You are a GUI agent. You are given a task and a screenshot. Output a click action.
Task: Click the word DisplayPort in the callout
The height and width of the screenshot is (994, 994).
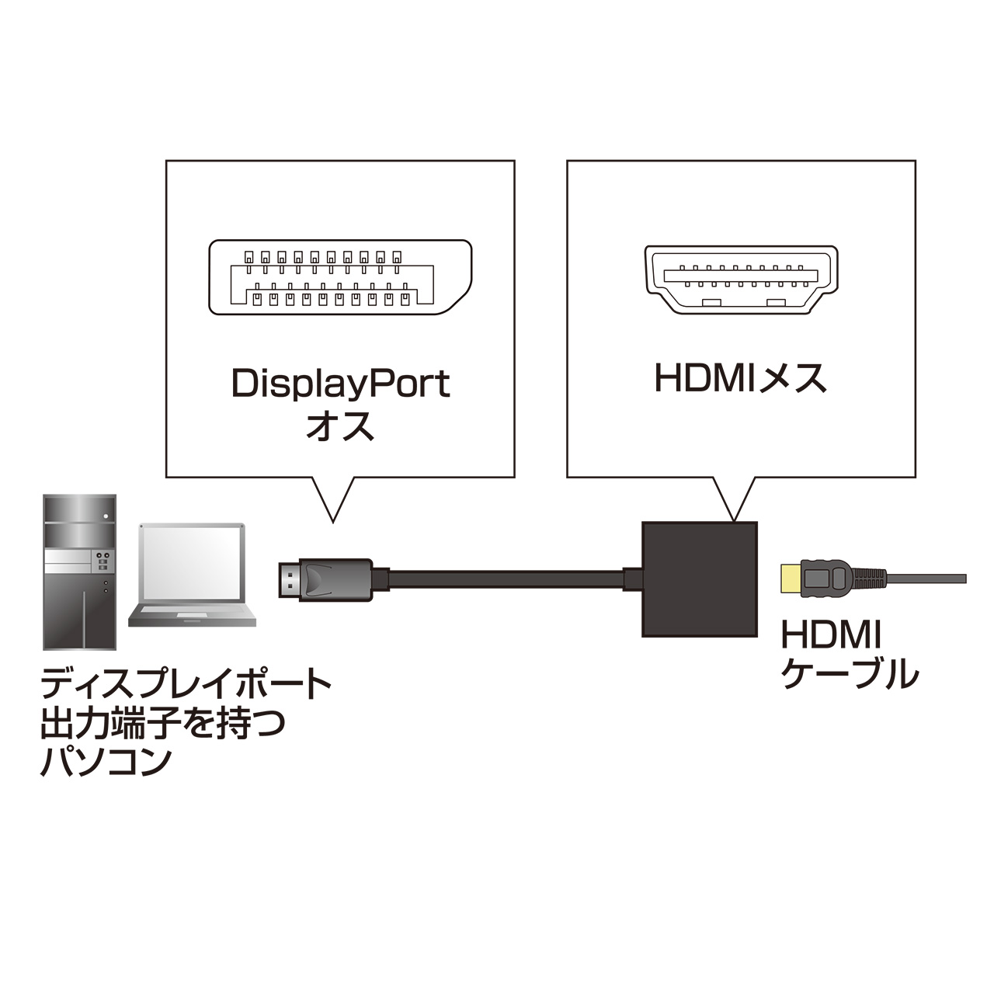[341, 384]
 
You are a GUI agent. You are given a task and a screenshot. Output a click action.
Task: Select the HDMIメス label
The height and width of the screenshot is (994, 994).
[741, 378]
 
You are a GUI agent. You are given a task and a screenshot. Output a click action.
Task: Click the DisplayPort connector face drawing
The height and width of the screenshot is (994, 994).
[340, 277]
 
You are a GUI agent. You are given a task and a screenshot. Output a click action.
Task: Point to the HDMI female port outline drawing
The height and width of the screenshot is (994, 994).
[741, 280]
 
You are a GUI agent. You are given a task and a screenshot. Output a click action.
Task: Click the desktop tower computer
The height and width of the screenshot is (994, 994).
[79, 572]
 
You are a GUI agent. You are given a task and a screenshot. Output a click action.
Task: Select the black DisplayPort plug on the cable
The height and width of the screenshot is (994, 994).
[326, 579]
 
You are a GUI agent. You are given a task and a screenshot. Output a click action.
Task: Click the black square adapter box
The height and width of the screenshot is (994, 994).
[699, 579]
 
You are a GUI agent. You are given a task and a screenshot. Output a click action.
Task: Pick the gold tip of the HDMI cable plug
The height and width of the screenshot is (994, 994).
[791, 579]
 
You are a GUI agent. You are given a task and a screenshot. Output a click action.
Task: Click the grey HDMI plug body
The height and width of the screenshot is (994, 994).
[828, 579]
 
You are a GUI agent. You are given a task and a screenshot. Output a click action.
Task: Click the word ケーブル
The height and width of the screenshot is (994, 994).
[850, 674]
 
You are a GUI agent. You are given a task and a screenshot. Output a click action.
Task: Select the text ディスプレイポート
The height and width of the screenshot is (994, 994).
[186, 684]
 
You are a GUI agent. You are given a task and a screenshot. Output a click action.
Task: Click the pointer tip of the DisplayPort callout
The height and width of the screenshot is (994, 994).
[332, 519]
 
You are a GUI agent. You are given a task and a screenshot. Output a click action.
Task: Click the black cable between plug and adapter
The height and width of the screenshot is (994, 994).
[505, 579]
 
